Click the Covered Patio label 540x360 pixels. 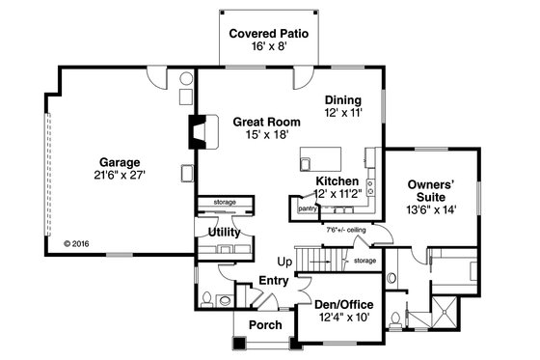tap(268, 34)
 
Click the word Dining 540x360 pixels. tap(342, 100)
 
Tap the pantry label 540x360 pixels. tap(308, 208)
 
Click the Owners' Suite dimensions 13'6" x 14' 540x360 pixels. tap(431, 208)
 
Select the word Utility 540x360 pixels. tap(224, 233)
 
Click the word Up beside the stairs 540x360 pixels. tap(285, 262)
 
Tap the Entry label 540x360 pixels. tap(273, 280)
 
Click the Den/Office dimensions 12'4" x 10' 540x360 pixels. tap(343, 318)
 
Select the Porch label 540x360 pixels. tap(265, 325)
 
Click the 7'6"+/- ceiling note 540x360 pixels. tap(345, 230)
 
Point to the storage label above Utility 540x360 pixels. tap(224, 202)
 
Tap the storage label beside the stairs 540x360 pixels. tap(364, 261)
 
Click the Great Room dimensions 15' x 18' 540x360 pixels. tap(265, 136)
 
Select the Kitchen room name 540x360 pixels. tap(337, 181)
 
